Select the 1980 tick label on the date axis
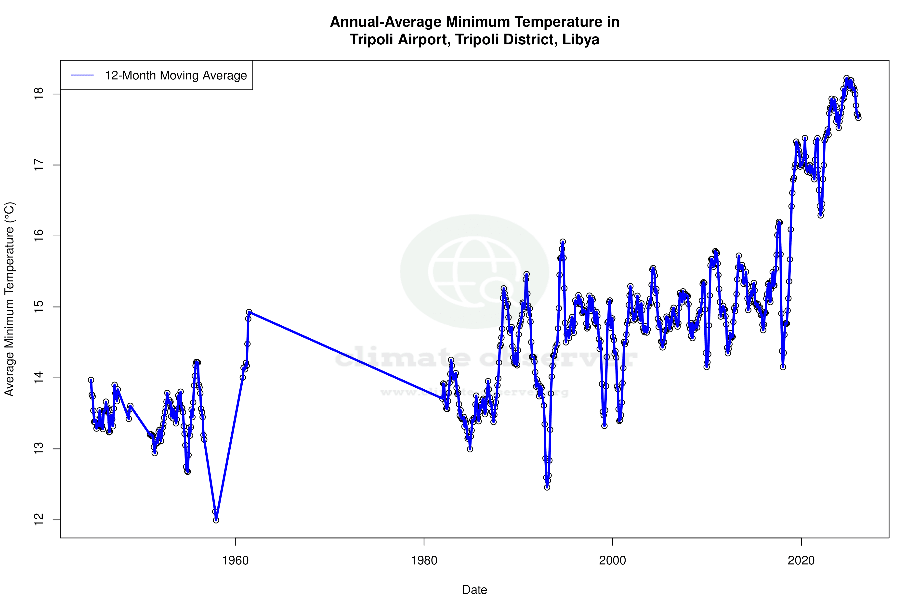[424, 560]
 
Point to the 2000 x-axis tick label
[613, 560]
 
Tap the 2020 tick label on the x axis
[801, 560]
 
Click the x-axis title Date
[474, 590]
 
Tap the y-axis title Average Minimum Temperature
[9, 299]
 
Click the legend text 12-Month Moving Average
[176, 76]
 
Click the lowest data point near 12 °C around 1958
[216, 520]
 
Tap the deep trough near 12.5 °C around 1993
[547, 487]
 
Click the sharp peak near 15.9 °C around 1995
[563, 242]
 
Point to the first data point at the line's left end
[91, 380]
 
